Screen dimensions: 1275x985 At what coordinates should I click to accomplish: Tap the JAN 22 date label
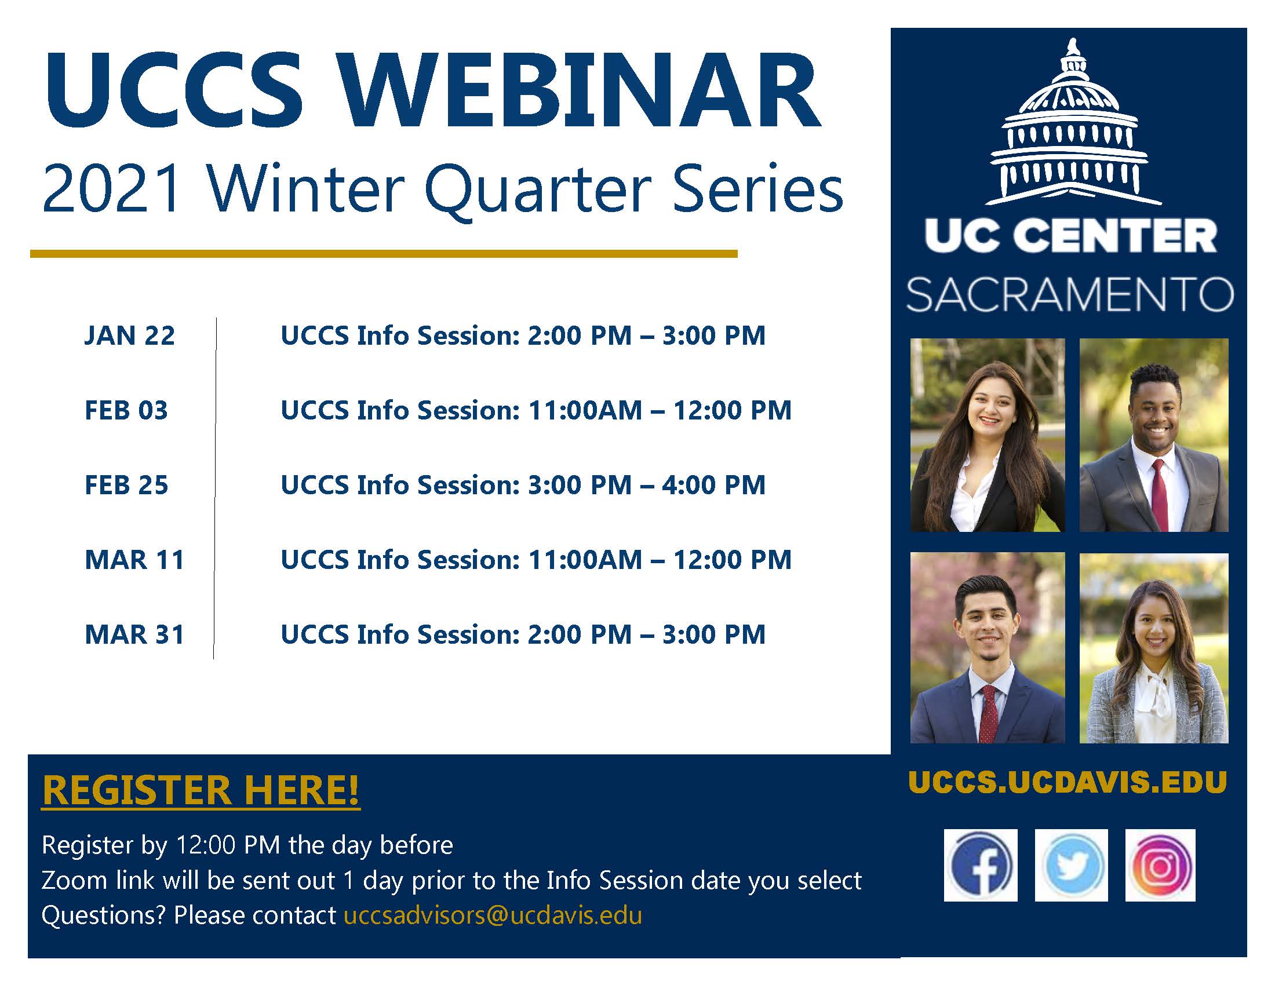click(x=130, y=335)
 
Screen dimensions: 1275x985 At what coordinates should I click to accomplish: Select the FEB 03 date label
click(x=126, y=410)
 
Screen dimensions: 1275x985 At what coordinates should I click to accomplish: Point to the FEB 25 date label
click(x=126, y=485)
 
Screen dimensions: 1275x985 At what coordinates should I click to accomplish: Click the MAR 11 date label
click(x=134, y=560)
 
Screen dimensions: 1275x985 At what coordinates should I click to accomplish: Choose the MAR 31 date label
click(x=134, y=634)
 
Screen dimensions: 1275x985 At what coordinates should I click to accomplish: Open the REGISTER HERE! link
click(x=201, y=791)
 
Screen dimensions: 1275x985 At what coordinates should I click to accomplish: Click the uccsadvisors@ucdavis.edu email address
click(x=493, y=915)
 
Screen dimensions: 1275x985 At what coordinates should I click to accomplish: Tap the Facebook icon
click(x=980, y=866)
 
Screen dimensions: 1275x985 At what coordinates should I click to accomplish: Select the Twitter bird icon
click(x=1071, y=866)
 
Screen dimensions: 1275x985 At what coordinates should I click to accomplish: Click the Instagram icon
click(x=1161, y=866)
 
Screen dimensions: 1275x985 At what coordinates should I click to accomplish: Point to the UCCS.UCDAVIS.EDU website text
click(x=1068, y=783)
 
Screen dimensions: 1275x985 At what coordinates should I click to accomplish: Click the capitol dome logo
click(x=1073, y=122)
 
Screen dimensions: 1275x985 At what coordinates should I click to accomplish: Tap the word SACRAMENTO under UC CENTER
click(x=1069, y=295)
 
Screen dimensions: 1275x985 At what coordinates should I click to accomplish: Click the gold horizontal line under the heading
click(x=384, y=254)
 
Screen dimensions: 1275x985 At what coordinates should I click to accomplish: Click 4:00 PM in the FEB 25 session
click(x=713, y=485)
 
